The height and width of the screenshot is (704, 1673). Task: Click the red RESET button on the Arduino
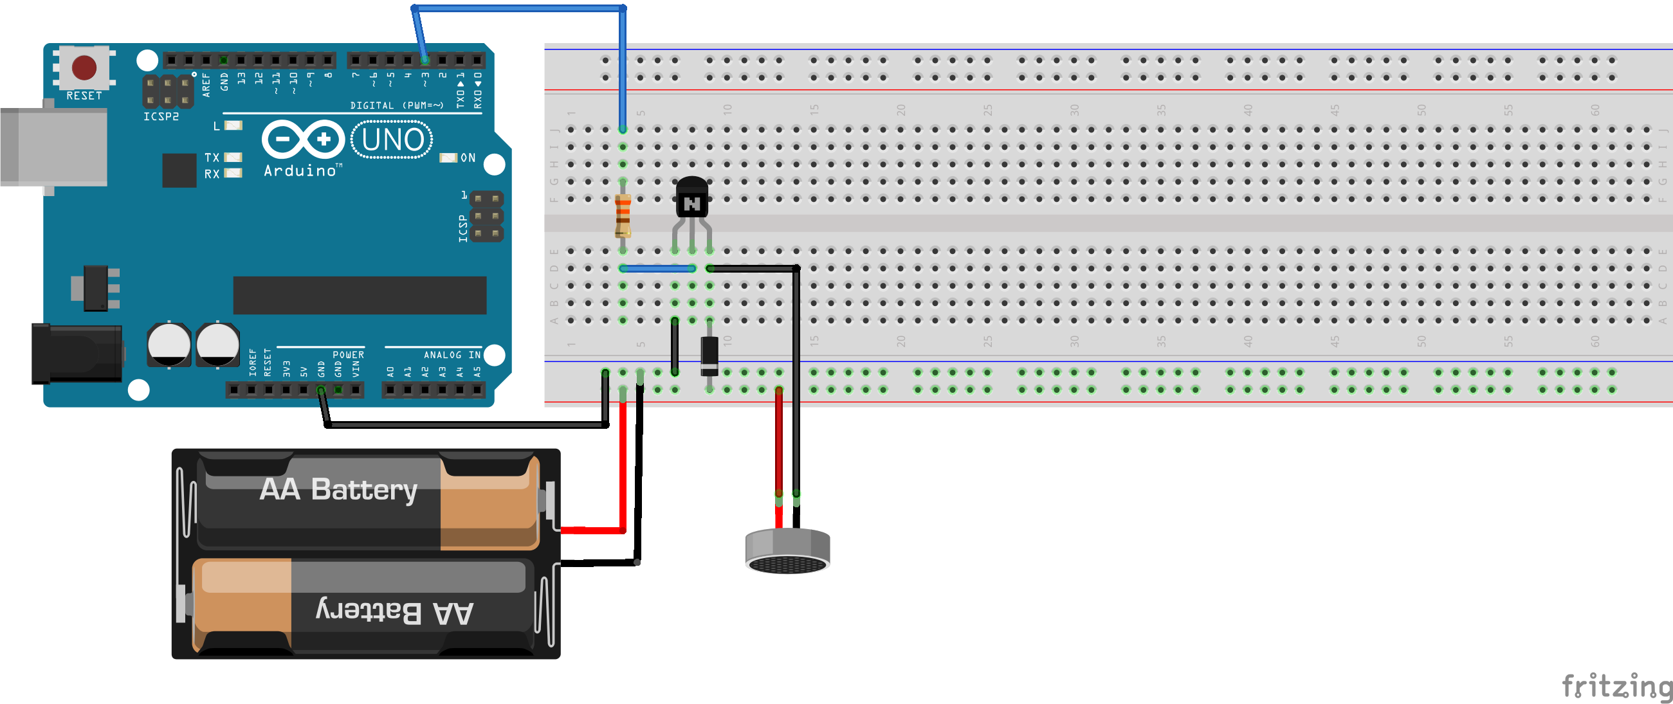(84, 67)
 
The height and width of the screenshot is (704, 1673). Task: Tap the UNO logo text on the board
(392, 140)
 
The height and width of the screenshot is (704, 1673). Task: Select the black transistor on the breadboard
(691, 198)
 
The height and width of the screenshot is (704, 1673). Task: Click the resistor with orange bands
(622, 215)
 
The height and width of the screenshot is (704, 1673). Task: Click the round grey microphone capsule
(787, 552)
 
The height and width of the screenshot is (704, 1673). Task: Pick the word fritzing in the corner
(1616, 686)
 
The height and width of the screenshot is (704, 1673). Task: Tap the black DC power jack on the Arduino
(77, 354)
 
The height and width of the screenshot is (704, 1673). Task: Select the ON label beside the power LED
(468, 158)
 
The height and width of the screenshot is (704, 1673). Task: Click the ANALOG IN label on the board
(452, 355)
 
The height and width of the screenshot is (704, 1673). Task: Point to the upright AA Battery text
(338, 490)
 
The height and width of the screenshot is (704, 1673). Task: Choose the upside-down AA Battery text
(394, 612)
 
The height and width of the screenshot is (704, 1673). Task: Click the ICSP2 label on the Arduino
(161, 116)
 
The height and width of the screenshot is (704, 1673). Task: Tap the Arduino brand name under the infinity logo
(300, 171)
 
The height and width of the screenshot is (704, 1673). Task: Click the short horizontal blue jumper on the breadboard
(657, 268)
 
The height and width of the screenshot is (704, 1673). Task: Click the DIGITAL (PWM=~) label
(396, 105)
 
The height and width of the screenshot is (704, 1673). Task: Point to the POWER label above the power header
(348, 355)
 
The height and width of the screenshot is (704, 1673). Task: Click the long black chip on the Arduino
(359, 296)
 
